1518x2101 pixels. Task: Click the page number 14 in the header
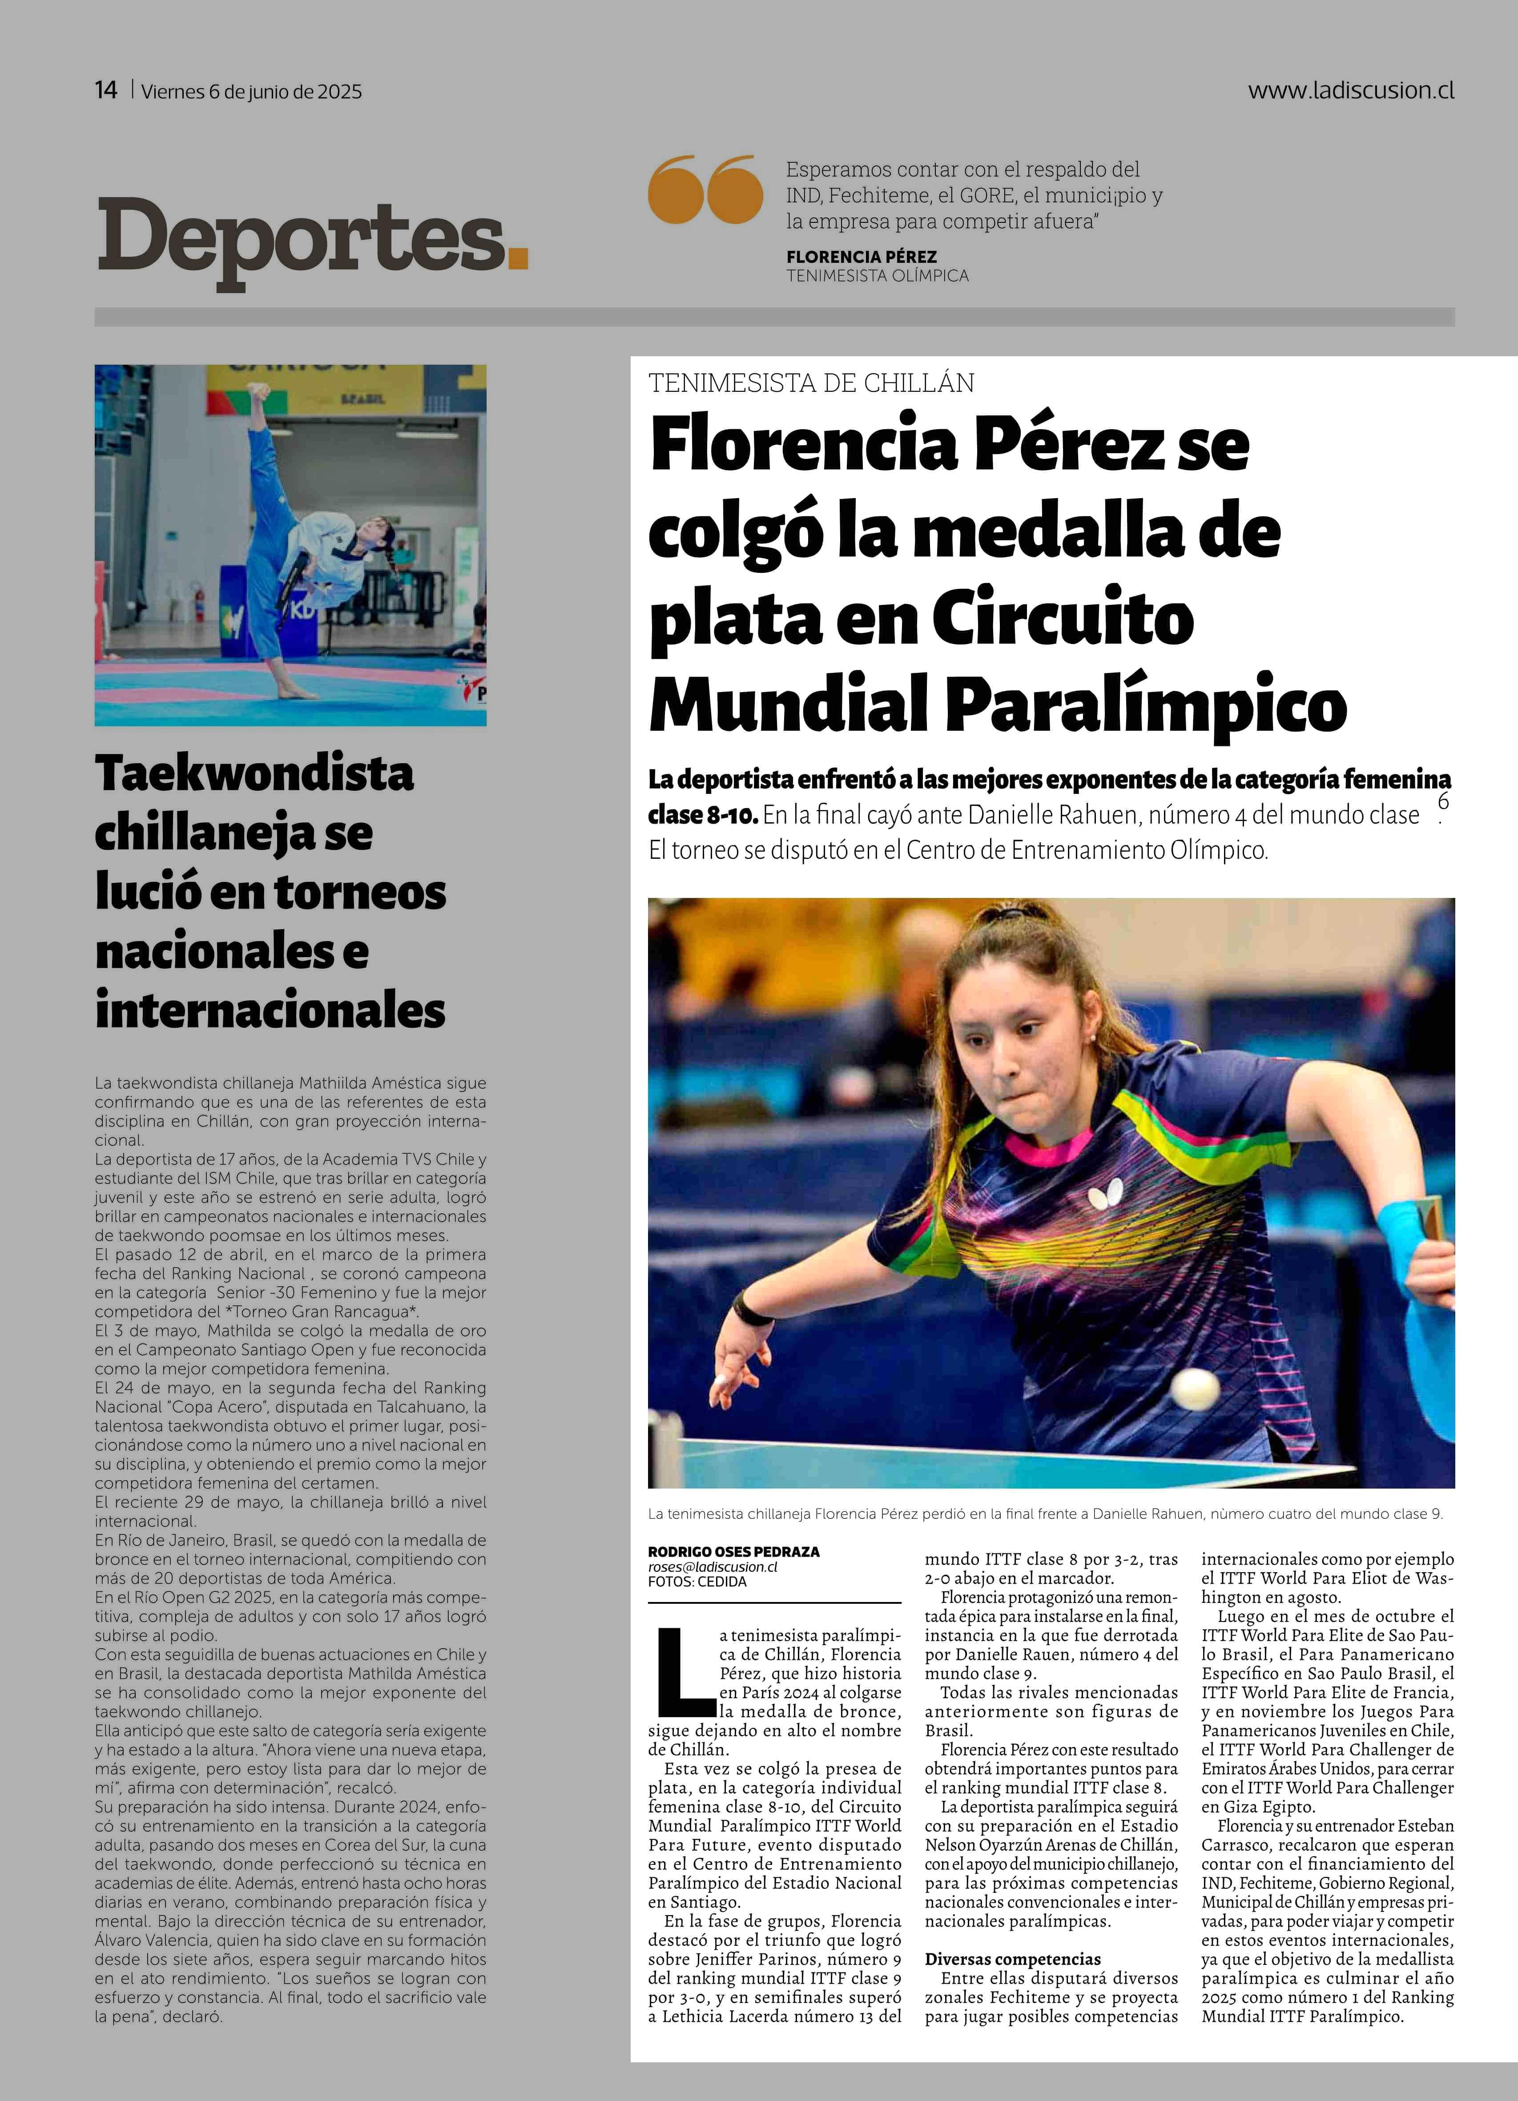coord(105,90)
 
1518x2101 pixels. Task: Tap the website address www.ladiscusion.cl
coord(1350,90)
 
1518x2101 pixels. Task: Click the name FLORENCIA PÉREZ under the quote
coord(862,257)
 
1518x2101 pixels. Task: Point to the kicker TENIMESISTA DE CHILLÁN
coord(811,382)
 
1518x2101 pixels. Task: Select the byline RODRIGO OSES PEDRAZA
coord(733,1552)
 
